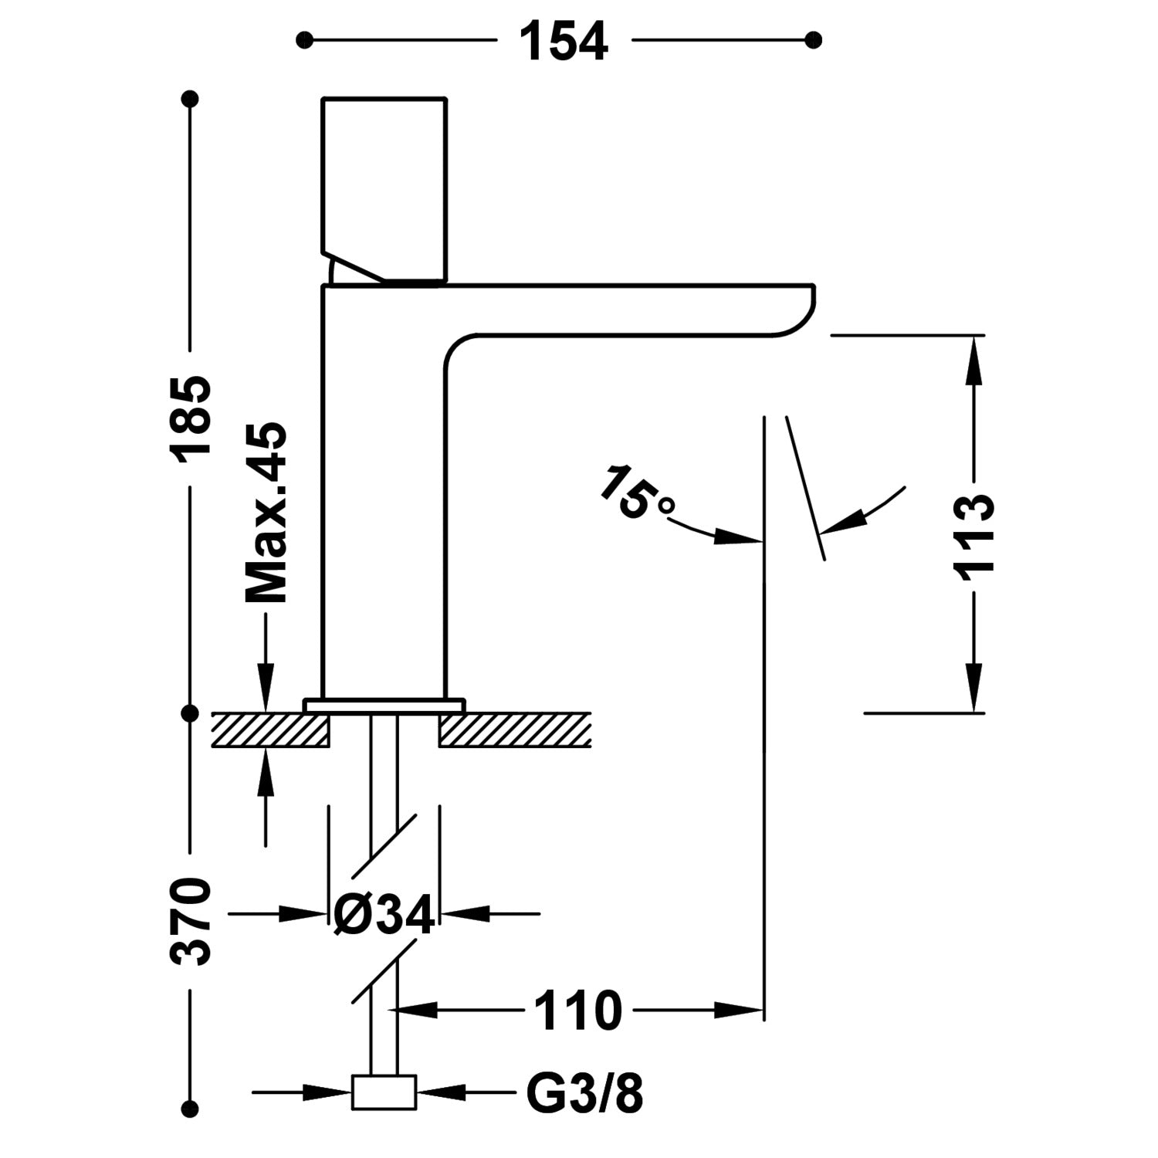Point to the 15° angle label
pyautogui.click(x=636, y=493)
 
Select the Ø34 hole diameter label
pyautogui.click(x=384, y=915)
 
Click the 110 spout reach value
pyautogui.click(x=577, y=1011)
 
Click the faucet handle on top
pyautogui.click(x=384, y=185)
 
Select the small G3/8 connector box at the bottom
pyautogui.click(x=384, y=1092)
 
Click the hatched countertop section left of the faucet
pyautogui.click(x=270, y=730)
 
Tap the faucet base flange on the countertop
pyautogui.click(x=384, y=705)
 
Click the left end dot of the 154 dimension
pyautogui.click(x=306, y=39)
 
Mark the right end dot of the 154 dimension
pyautogui.click(x=812, y=39)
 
